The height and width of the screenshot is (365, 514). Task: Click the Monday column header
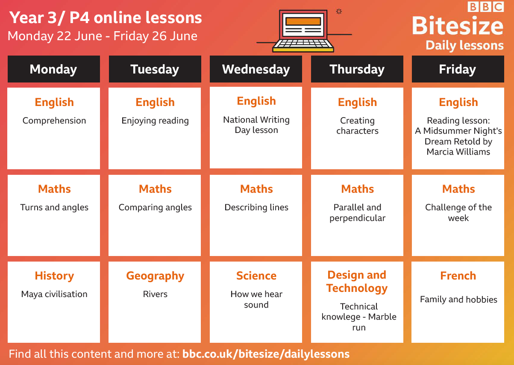pyautogui.click(x=54, y=69)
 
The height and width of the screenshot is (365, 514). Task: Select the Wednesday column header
pyautogui.click(x=256, y=69)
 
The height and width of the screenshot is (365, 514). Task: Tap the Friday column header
pyautogui.click(x=458, y=69)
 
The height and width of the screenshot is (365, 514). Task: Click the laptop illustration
pyautogui.click(x=303, y=31)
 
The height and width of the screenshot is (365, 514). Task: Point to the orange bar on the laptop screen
pyautogui.click(x=303, y=21)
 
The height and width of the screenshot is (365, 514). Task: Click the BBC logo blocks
pyautogui.click(x=486, y=7)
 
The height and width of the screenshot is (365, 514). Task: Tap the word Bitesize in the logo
pyautogui.click(x=458, y=26)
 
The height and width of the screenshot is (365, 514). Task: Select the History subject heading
pyautogui.click(x=54, y=276)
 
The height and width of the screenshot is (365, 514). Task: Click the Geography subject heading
pyautogui.click(x=155, y=276)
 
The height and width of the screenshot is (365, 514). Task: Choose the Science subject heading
pyautogui.click(x=256, y=276)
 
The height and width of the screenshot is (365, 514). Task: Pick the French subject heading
pyautogui.click(x=458, y=276)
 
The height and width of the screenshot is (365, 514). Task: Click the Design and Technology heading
pyautogui.click(x=357, y=282)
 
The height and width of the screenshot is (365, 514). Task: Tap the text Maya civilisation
pyautogui.click(x=54, y=294)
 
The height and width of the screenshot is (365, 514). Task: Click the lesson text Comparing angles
pyautogui.click(x=155, y=208)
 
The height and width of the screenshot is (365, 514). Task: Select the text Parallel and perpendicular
pyautogui.click(x=358, y=213)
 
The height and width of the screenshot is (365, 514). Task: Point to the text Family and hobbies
pyautogui.click(x=458, y=300)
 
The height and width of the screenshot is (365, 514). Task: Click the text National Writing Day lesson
pyautogui.click(x=256, y=125)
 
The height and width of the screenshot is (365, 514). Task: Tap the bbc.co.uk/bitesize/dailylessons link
pyautogui.click(x=266, y=354)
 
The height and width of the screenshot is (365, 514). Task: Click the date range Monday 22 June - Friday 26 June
pyautogui.click(x=103, y=36)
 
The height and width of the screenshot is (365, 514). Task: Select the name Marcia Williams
pyautogui.click(x=458, y=152)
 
